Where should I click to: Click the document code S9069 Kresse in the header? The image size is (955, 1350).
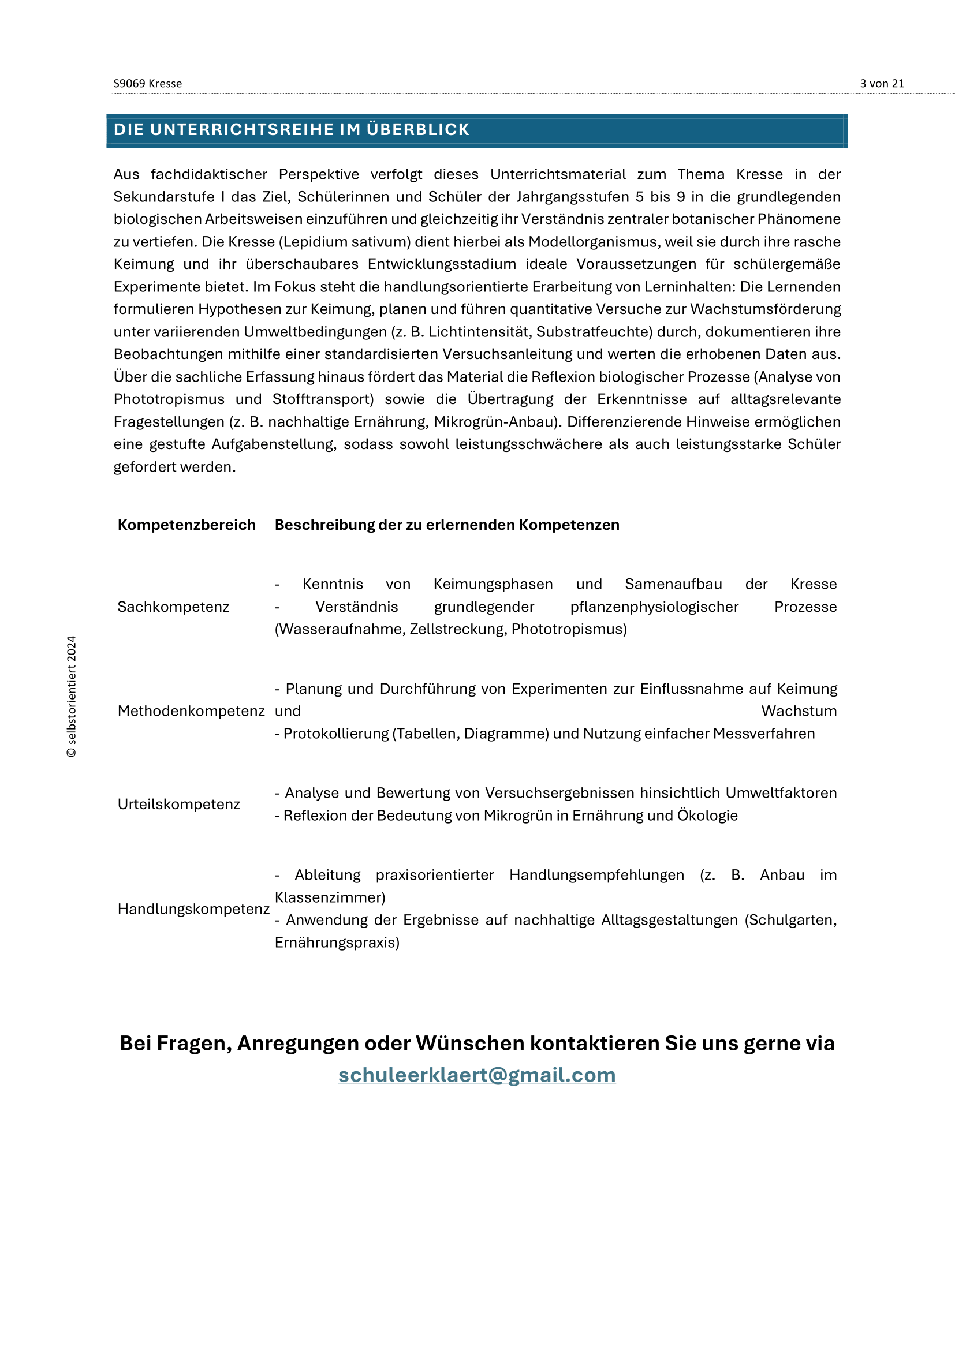[x=148, y=84]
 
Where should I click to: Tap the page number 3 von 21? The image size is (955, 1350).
[x=882, y=84]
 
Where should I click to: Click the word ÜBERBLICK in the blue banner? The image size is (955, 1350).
[x=417, y=129]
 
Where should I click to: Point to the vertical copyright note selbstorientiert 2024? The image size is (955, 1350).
[x=72, y=696]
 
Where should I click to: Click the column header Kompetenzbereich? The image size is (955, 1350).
[x=186, y=525]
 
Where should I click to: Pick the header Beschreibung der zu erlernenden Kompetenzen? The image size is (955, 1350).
[x=447, y=525]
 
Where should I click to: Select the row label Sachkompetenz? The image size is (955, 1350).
[x=173, y=606]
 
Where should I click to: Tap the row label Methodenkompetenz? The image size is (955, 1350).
[x=191, y=711]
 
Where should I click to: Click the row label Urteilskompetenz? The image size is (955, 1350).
[x=179, y=804]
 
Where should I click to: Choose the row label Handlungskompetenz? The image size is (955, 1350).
[x=193, y=908]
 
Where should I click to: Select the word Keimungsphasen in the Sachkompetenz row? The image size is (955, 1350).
[x=493, y=584]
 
